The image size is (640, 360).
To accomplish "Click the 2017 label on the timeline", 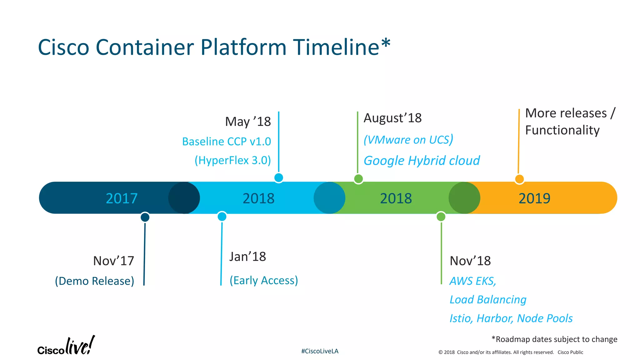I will (x=122, y=198).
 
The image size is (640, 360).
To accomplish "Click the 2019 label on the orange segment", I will (x=534, y=198).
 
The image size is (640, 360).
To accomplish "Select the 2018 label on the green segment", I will (x=396, y=198).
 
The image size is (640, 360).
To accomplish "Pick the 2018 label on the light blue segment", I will (x=258, y=198).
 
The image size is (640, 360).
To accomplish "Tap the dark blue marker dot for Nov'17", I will (x=145, y=217).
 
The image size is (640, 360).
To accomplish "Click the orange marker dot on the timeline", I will (x=519, y=179).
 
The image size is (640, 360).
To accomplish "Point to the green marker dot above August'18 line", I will (x=358, y=179).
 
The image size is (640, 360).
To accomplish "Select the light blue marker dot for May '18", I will (x=278, y=178).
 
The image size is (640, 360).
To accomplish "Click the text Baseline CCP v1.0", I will (x=227, y=142).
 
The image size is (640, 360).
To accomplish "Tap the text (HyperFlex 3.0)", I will (x=233, y=160).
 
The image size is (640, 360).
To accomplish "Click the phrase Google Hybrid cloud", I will (x=422, y=161).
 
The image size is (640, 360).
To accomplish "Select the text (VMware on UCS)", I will (x=408, y=140).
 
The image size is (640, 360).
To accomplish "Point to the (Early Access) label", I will (x=264, y=280).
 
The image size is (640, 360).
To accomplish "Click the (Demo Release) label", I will (x=95, y=281).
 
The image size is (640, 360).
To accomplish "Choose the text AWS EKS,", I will (x=473, y=281).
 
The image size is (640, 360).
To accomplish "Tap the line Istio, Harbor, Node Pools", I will (x=511, y=318).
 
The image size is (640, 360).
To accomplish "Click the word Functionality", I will (x=562, y=130).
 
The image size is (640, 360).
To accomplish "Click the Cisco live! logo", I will (x=66, y=346).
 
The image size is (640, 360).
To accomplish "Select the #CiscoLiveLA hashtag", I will (x=320, y=351).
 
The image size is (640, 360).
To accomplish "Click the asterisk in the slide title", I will (x=386, y=43).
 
